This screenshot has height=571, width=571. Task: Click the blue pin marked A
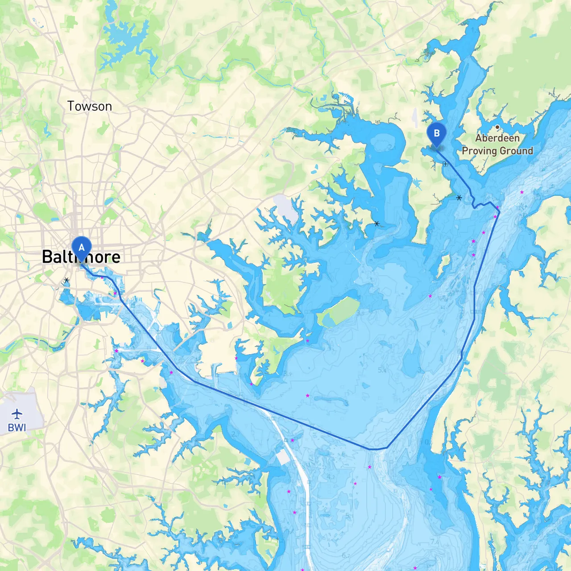click(x=81, y=248)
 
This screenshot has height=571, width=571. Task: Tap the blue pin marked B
click(x=436, y=133)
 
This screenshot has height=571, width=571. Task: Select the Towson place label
click(x=89, y=106)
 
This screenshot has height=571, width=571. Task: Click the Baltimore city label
click(x=81, y=257)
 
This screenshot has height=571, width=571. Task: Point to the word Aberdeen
click(x=497, y=138)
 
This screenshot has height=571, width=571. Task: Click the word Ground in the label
click(x=516, y=151)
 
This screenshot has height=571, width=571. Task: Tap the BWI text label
click(x=17, y=427)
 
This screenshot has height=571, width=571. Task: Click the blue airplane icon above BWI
click(x=17, y=414)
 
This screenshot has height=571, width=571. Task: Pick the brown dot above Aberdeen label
click(x=497, y=127)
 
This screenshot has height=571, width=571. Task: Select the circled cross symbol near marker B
click(x=445, y=164)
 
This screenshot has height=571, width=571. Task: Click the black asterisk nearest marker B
click(x=459, y=198)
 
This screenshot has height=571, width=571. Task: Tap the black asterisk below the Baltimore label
click(x=66, y=280)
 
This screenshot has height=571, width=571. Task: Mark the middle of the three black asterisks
click(x=377, y=223)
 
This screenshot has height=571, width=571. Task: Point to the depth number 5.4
click(x=382, y=370)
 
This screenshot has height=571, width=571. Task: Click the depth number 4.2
click(x=330, y=477)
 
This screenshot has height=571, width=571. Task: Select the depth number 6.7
click(x=346, y=555)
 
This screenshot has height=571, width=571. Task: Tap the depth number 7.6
click(x=434, y=542)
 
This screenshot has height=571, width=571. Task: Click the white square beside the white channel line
click(x=283, y=457)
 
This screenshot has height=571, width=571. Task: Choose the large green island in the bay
click(x=339, y=312)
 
